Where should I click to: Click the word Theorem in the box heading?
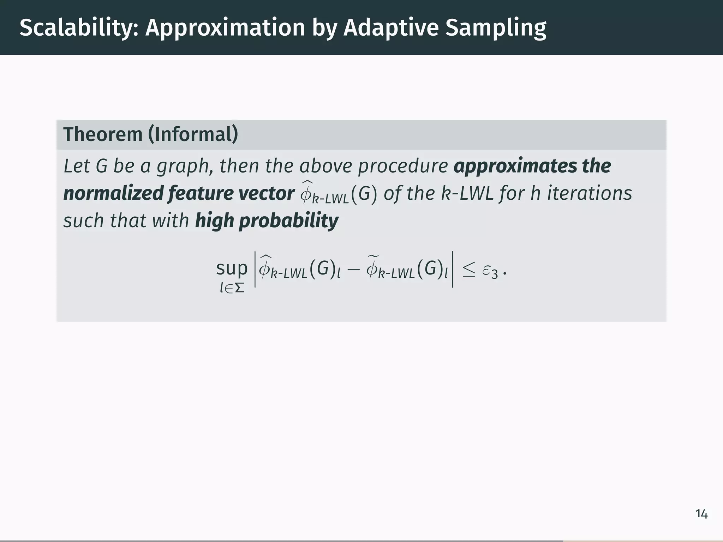[x=103, y=134]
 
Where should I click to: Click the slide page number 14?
[x=701, y=514]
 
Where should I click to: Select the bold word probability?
[x=289, y=221]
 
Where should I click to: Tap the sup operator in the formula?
[x=232, y=268]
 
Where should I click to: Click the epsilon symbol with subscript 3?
[x=490, y=271]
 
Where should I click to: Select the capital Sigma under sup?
[x=239, y=288]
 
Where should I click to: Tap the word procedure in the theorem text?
[x=403, y=166]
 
